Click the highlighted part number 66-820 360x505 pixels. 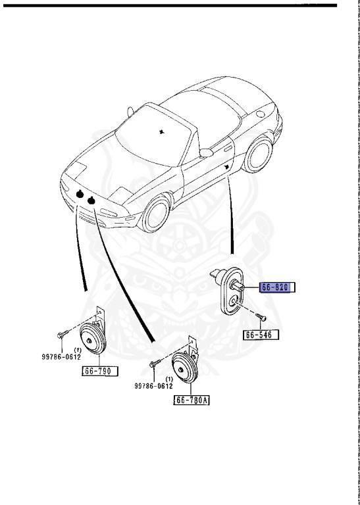(x=278, y=287)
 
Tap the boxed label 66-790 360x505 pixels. (x=100, y=371)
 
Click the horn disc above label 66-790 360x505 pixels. (x=93, y=338)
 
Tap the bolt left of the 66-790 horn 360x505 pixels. (x=61, y=334)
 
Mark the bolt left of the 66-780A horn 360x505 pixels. (x=153, y=364)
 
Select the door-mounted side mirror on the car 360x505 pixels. (x=205, y=153)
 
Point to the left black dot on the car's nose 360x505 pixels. (x=79, y=193)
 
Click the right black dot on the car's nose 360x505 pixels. (x=92, y=200)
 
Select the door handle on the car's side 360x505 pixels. (x=227, y=168)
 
